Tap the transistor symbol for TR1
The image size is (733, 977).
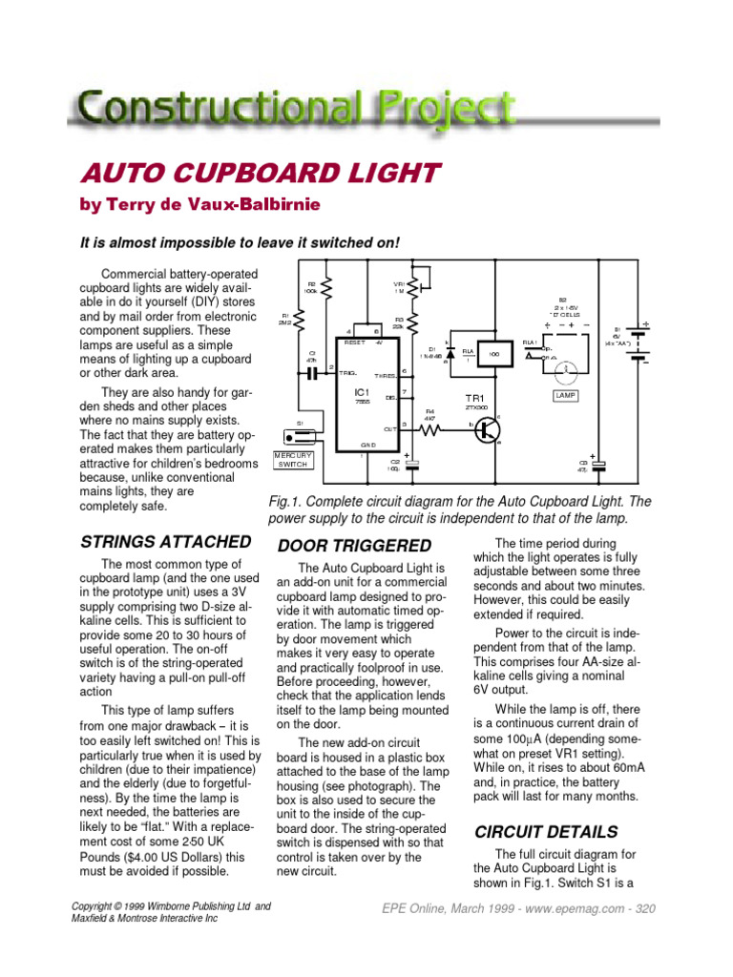(x=489, y=430)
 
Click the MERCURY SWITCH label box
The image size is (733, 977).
(x=294, y=459)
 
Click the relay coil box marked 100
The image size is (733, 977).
(x=493, y=354)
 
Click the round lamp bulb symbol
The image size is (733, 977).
(x=565, y=366)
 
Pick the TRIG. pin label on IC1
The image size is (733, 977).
(x=347, y=372)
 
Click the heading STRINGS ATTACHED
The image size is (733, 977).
(x=166, y=542)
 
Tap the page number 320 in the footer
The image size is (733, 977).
(x=646, y=908)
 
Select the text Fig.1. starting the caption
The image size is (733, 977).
(x=291, y=502)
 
